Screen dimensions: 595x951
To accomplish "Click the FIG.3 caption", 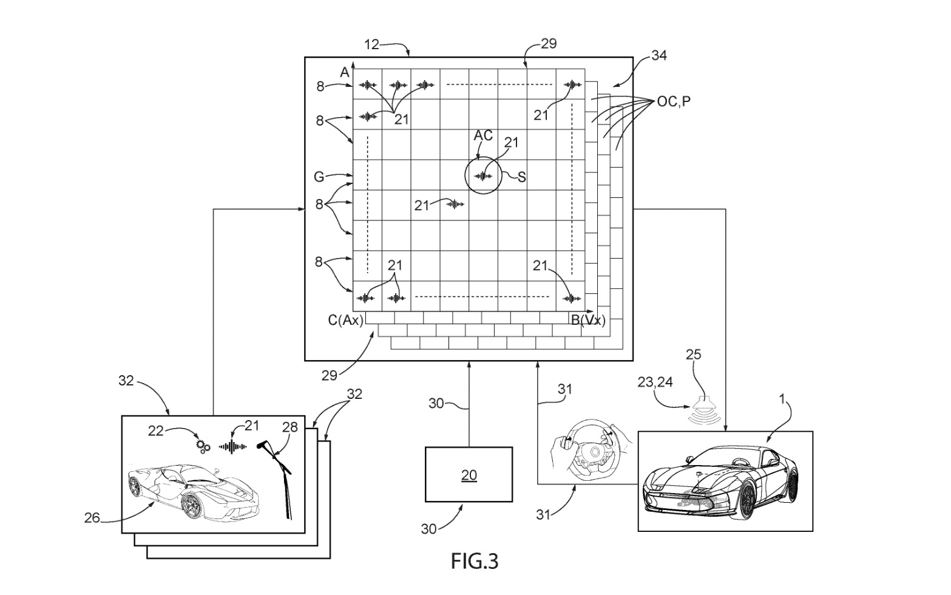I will (x=474, y=561).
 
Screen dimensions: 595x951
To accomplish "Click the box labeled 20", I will (x=469, y=475).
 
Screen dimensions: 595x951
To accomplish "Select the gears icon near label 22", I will (x=203, y=446).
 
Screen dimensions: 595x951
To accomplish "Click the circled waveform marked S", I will (x=484, y=176).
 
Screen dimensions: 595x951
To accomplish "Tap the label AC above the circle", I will (x=483, y=135).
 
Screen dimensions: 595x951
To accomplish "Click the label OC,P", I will (x=674, y=101).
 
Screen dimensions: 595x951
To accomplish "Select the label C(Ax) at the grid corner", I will (x=345, y=320).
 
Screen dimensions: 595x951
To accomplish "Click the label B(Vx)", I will (x=587, y=320).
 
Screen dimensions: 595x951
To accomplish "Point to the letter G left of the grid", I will (x=319, y=177).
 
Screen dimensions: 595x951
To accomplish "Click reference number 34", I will (x=658, y=56).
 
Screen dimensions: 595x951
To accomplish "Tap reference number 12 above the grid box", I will (x=372, y=44).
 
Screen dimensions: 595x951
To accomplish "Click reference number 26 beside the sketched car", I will (x=92, y=517).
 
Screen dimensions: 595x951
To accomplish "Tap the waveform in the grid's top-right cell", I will (x=572, y=85).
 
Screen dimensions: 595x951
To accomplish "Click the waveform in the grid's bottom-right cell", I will (x=572, y=298).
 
